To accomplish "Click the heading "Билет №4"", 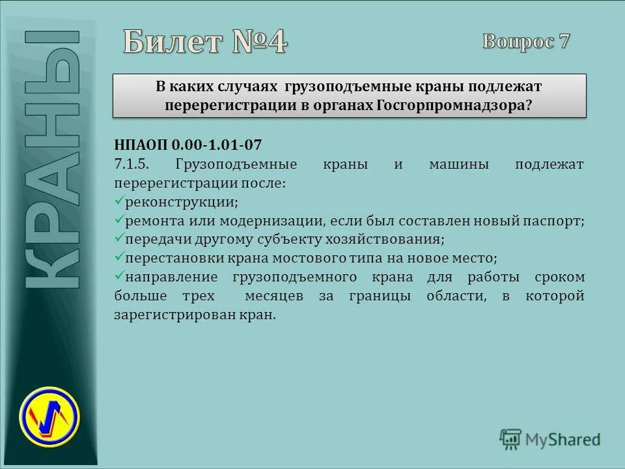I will [x=205, y=44].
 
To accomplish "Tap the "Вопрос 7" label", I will [x=526, y=42].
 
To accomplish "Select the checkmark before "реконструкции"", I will [x=118, y=201].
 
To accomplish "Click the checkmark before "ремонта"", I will [x=118, y=220].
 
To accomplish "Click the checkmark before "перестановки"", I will [x=118, y=257].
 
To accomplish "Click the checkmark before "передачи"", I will [x=118, y=239].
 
